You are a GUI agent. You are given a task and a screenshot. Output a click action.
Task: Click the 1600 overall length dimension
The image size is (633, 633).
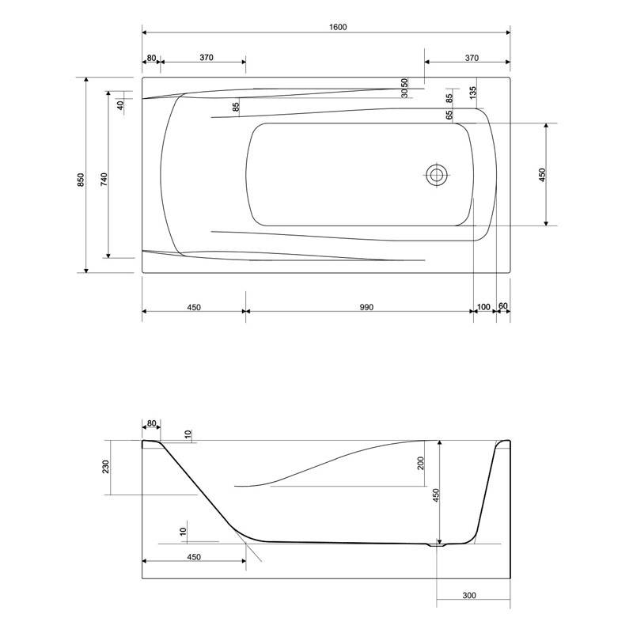(338, 27)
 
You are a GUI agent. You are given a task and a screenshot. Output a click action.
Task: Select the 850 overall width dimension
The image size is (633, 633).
(81, 180)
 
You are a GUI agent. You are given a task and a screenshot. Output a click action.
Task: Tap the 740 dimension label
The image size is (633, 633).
(104, 179)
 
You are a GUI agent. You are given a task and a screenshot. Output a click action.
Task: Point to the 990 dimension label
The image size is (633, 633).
(366, 307)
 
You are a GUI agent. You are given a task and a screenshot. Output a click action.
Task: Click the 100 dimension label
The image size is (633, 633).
(483, 307)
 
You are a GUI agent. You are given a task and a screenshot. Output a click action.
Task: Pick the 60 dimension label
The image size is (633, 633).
(503, 306)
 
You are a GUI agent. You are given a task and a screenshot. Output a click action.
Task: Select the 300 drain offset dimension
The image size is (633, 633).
(469, 595)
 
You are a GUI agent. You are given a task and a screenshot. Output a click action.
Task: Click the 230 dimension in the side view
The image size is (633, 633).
(106, 467)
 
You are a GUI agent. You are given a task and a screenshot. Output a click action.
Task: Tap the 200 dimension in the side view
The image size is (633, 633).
(421, 463)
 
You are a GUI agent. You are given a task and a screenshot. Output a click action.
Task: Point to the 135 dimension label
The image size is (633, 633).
(473, 93)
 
